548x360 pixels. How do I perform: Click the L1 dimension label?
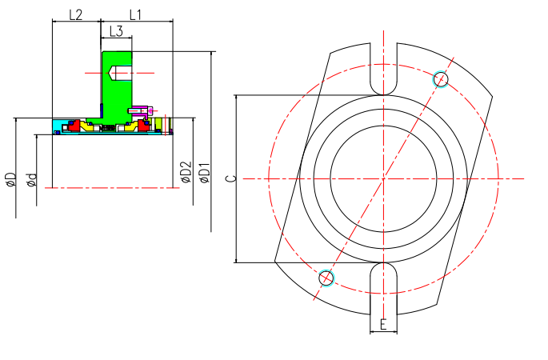coord(135,14)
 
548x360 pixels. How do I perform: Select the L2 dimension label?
coord(76,14)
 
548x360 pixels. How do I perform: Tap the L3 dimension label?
coord(116,31)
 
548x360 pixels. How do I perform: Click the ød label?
coord(31,179)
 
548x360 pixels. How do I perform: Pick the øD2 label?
coord(186,173)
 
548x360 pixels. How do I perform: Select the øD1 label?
coord(205,173)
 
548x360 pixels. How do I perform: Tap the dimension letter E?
coord(384,325)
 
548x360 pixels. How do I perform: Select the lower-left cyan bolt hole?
coord(326,278)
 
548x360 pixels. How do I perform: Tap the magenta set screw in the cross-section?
coord(143,110)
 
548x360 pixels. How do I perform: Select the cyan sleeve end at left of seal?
coord(59,126)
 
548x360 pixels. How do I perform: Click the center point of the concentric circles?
coord(383,178)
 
